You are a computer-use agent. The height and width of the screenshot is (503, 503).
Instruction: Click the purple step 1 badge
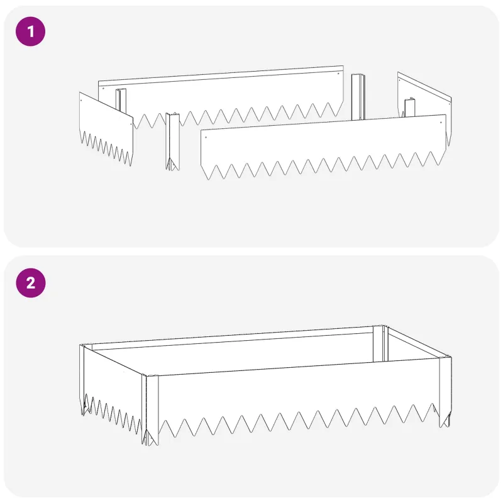(30, 31)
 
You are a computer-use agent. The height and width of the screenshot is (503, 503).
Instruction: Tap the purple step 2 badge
(31, 283)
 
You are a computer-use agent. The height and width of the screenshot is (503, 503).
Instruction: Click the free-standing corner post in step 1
(172, 141)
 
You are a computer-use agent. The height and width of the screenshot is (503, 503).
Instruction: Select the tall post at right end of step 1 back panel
(358, 97)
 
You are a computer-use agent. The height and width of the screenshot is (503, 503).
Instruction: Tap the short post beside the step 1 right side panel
(410, 108)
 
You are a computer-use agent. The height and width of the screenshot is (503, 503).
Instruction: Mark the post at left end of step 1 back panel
(121, 100)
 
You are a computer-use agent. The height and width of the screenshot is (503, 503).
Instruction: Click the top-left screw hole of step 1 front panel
(206, 137)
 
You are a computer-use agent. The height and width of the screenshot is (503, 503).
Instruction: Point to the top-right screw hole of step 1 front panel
(441, 122)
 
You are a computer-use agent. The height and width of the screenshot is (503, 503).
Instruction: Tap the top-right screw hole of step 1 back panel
(338, 74)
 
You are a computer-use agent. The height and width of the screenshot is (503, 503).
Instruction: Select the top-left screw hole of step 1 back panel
(103, 88)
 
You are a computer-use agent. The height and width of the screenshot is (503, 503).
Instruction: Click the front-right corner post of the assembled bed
(445, 391)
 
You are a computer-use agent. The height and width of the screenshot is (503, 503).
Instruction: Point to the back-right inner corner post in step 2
(381, 343)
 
